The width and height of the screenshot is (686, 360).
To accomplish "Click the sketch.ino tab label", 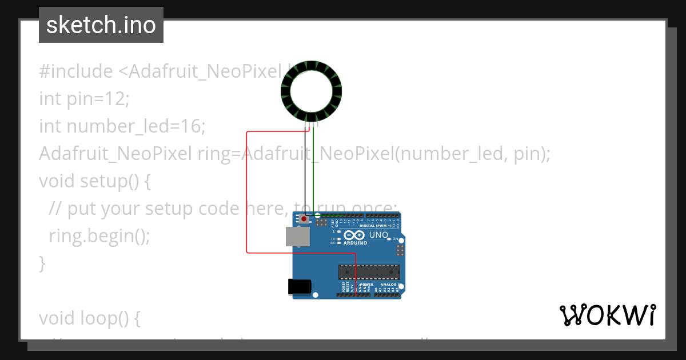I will (x=101, y=25).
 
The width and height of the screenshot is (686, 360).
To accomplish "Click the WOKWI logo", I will (x=607, y=315).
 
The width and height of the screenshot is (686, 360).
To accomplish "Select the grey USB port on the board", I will (x=298, y=236).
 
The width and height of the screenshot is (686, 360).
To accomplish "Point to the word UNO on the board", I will (x=379, y=235).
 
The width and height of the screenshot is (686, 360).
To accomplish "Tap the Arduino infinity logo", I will (x=354, y=235).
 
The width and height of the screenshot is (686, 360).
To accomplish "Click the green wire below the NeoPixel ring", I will (x=314, y=171).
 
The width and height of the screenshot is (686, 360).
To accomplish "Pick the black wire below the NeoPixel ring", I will (x=305, y=171).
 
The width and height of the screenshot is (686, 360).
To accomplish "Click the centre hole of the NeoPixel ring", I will (x=311, y=91).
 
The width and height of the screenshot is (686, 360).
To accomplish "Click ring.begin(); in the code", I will (x=99, y=235).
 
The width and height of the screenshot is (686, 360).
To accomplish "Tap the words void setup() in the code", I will (x=89, y=181).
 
